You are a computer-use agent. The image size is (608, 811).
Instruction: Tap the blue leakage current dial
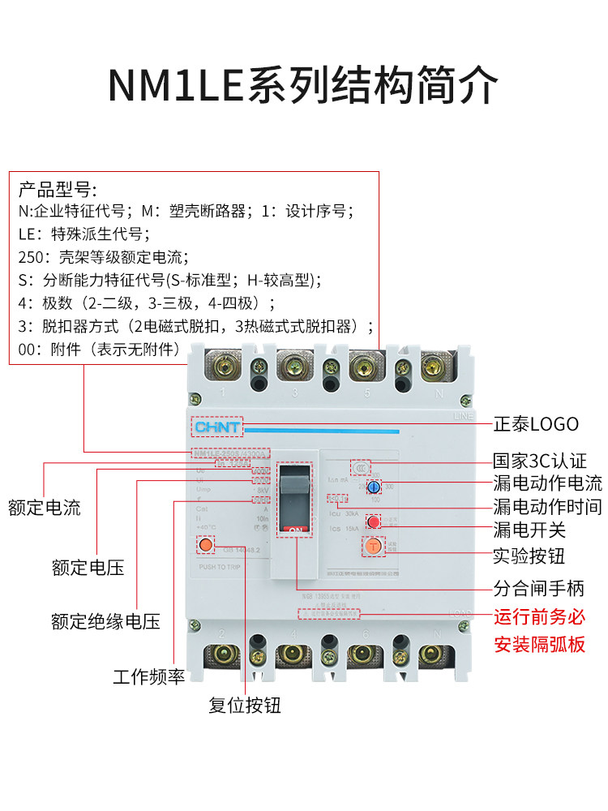374,487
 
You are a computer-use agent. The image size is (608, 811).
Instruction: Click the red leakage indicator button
374,521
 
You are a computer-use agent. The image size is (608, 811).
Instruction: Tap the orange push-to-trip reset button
206,545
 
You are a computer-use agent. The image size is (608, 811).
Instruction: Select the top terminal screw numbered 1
221,369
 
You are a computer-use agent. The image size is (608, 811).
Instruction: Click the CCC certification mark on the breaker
358,467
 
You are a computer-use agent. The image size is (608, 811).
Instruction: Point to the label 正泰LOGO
537,424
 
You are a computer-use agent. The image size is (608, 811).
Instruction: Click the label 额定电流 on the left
45,508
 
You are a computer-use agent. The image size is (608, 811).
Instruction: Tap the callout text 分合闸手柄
539,587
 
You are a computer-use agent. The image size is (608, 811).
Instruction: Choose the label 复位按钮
245,705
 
